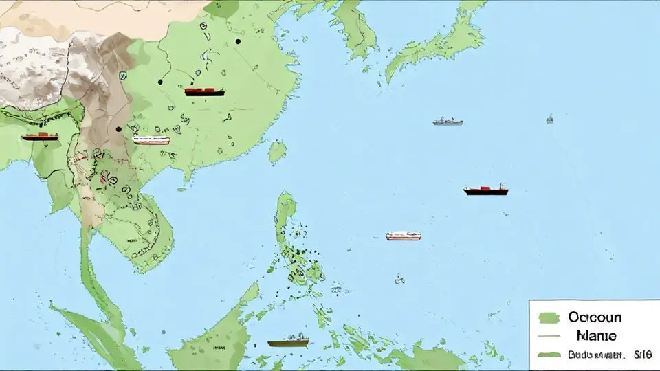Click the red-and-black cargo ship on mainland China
tap(204, 91)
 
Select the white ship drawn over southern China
tap(151, 140)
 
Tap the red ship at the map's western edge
tap(40, 136)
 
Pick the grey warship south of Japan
tap(448, 122)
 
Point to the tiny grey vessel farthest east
tap(549, 119)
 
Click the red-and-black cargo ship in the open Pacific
tap(486, 190)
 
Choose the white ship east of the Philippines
tap(404, 236)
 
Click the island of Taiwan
tap(277, 152)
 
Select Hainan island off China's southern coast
tap(187, 175)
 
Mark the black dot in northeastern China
tap(238, 41)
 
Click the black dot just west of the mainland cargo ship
tap(160, 82)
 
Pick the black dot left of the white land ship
tap(119, 128)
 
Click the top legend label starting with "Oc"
tap(595, 317)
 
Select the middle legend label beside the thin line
tap(596, 336)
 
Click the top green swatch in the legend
tap(550, 317)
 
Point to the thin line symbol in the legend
tap(550, 336)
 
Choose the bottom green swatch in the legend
tap(550, 355)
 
